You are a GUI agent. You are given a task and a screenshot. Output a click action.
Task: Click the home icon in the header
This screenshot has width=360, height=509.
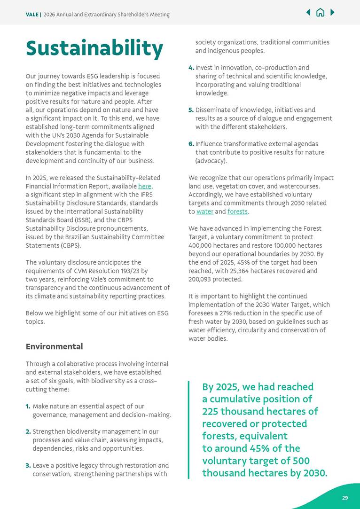click(x=321, y=13)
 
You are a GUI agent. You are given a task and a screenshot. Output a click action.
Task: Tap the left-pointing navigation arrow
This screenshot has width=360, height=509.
click(x=308, y=13)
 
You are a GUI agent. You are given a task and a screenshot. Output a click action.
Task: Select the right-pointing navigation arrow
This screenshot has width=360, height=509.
click(x=333, y=13)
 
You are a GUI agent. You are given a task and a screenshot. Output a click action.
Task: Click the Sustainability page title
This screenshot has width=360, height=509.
click(x=94, y=49)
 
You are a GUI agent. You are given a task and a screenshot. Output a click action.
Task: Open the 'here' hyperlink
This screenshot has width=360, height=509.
click(x=144, y=186)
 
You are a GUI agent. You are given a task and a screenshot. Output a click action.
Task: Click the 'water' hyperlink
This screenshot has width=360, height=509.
click(x=205, y=211)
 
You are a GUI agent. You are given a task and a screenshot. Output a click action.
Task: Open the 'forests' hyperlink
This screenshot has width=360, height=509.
click(x=237, y=211)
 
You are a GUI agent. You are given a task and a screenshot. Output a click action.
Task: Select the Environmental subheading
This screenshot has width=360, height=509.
click(x=54, y=347)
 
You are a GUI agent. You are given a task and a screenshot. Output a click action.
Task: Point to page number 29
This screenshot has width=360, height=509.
click(x=345, y=498)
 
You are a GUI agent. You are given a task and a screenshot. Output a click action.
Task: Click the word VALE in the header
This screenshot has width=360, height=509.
click(x=32, y=15)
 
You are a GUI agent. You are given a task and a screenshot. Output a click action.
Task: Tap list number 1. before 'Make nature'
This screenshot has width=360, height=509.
click(x=28, y=406)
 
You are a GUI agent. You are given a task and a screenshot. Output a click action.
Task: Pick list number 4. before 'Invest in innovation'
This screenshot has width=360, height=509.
click(x=191, y=68)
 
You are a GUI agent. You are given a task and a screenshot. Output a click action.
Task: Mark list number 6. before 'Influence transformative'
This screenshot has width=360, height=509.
click(x=191, y=144)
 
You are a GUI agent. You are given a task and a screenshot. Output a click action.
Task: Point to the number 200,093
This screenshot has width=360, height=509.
click(x=202, y=279)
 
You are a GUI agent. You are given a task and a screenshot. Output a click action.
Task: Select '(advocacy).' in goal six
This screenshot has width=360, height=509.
click(x=211, y=161)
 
